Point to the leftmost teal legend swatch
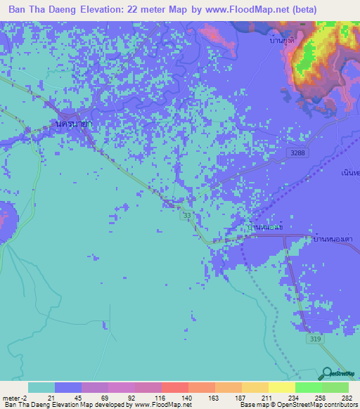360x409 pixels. point(41,387)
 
